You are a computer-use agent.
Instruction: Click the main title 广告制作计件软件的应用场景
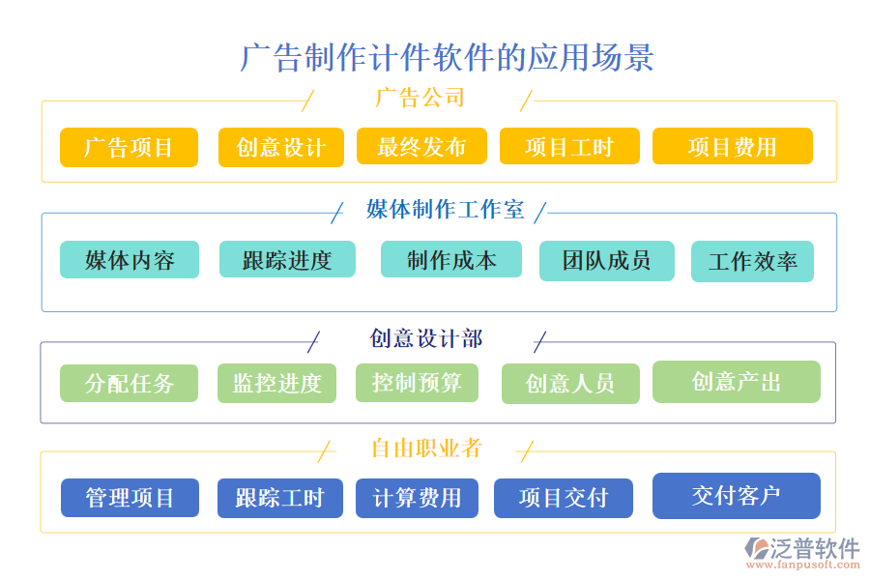pyautogui.click(x=447, y=57)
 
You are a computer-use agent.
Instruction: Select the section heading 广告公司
pyautogui.click(x=420, y=98)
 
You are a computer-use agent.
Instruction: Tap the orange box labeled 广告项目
pyautogui.click(x=129, y=147)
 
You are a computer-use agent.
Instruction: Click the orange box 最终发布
pyautogui.click(x=420, y=146)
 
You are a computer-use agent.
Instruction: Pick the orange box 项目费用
pyautogui.click(x=732, y=146)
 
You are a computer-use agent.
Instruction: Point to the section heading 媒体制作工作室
pyautogui.click(x=445, y=210)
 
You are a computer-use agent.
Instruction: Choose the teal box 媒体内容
pyautogui.click(x=129, y=260)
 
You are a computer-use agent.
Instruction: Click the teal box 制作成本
pyautogui.click(x=450, y=259)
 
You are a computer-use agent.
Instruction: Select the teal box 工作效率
pyautogui.click(x=752, y=262)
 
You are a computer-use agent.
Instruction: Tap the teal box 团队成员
pyautogui.click(x=606, y=259)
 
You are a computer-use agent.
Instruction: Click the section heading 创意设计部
pyautogui.click(x=425, y=338)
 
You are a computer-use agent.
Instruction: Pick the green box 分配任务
pyautogui.click(x=129, y=383)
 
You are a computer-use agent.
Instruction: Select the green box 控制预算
pyautogui.click(x=417, y=382)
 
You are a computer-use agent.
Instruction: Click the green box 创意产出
pyautogui.click(x=736, y=382)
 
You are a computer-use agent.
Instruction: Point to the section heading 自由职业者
pyautogui.click(x=425, y=449)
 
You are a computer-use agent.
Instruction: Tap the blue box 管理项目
pyautogui.click(x=130, y=498)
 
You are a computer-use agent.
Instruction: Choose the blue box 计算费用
pyautogui.click(x=417, y=498)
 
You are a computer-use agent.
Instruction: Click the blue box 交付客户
pyautogui.click(x=736, y=496)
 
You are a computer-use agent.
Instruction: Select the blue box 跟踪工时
pyautogui.click(x=279, y=498)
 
